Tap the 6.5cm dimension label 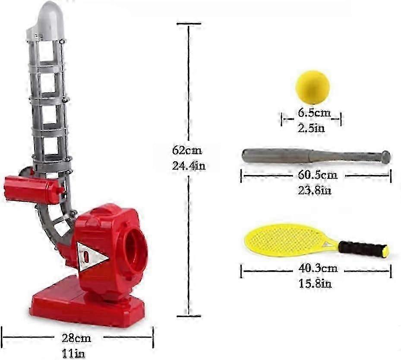click(x=314, y=113)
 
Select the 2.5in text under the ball click(x=311, y=128)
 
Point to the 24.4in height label click(x=189, y=166)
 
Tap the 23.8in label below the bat click(x=315, y=191)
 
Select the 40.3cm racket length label click(x=318, y=268)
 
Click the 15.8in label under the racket click(x=316, y=284)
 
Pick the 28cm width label click(x=76, y=338)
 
